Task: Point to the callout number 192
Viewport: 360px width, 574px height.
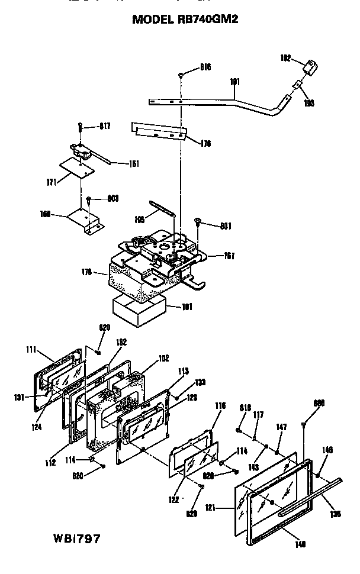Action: pos(285,57)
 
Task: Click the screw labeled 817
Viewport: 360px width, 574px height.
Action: pos(80,127)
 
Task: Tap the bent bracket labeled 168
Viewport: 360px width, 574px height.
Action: pos(85,220)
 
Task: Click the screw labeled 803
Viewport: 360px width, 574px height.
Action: pos(88,199)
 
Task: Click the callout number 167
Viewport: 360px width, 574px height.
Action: pos(229,256)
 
